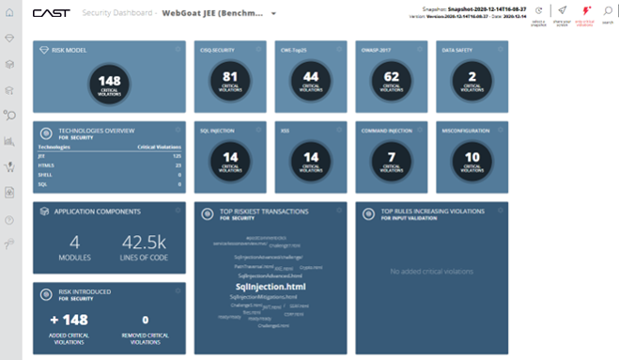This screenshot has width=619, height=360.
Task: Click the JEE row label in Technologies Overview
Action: pos(42,156)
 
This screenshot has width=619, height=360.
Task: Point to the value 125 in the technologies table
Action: pos(176,156)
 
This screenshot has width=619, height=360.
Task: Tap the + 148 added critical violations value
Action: pos(69,321)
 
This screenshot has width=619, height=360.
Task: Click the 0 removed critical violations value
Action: pos(145,321)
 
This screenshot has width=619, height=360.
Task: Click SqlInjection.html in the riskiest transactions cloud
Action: pos(271,286)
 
